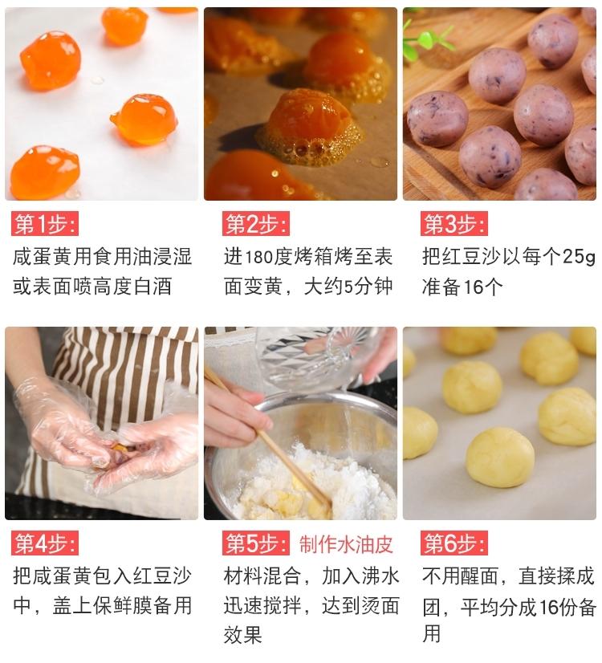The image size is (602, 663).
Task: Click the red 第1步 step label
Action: coord(45,224)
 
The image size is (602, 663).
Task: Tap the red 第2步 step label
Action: coord(256,224)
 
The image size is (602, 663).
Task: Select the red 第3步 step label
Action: coord(455,224)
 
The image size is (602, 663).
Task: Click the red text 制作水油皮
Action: coord(346,544)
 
